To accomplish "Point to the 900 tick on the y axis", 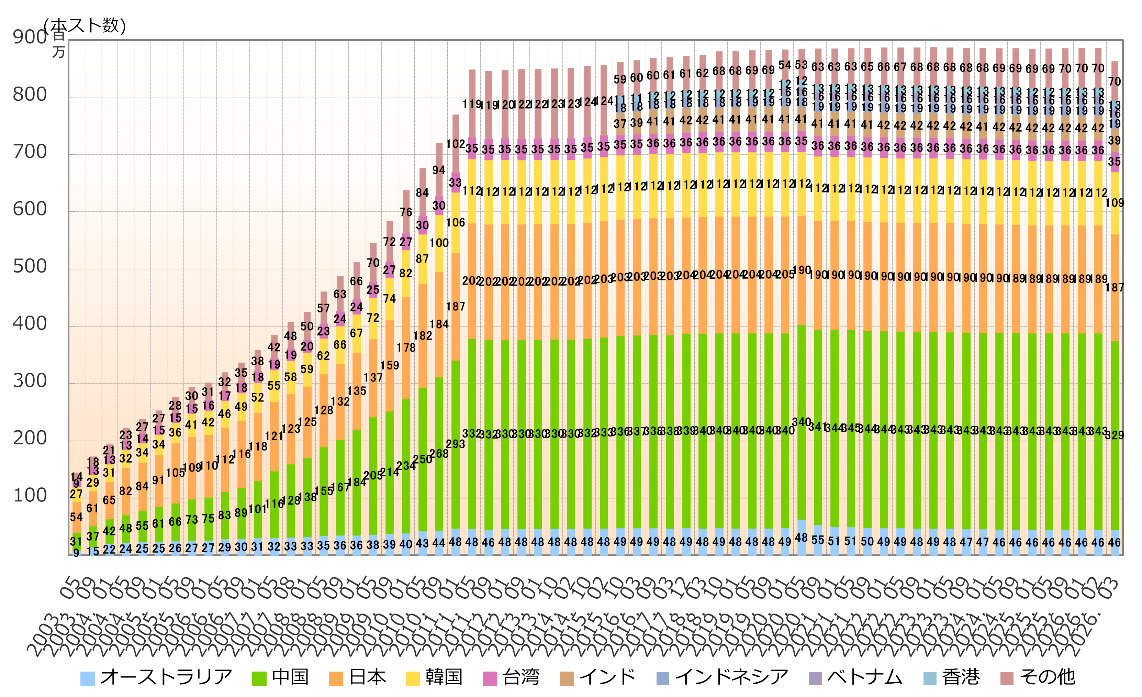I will (x=30, y=37).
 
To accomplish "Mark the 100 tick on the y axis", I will (x=30, y=496).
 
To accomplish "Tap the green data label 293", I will (x=455, y=444).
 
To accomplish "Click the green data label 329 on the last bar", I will (x=1114, y=435).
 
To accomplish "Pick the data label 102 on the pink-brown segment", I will (x=455, y=144).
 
